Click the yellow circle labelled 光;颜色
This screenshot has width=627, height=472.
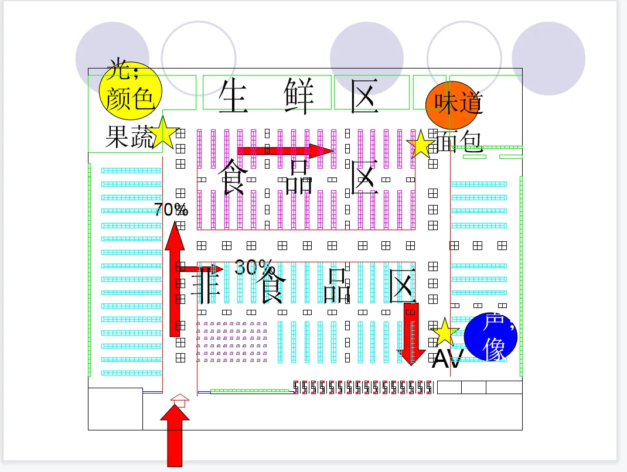130,91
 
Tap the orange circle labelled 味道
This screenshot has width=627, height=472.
452,105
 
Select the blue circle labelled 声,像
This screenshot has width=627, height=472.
491,337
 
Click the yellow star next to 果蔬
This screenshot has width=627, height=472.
163,134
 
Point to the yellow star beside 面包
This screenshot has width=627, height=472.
421,145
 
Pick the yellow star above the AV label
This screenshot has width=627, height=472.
444,333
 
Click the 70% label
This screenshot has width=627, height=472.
171,209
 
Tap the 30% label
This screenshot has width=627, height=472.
254,267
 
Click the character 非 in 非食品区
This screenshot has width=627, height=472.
206,285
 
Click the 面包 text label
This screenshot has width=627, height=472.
459,141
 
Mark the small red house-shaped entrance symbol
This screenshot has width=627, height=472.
180,400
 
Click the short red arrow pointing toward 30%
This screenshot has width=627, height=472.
202,269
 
